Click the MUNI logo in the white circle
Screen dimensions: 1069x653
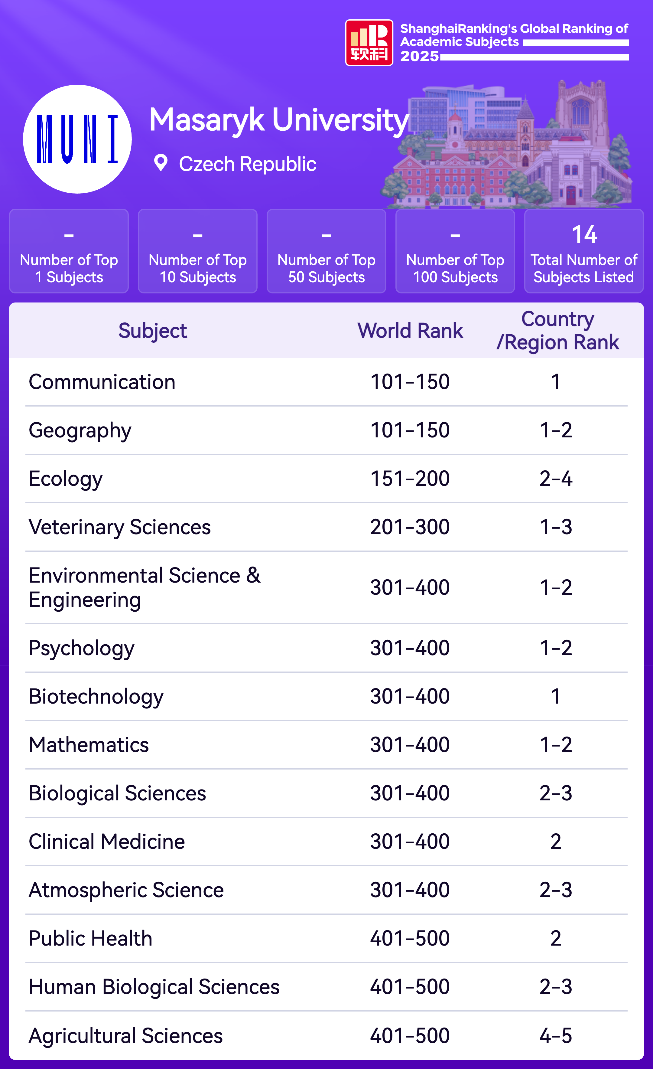click(77, 139)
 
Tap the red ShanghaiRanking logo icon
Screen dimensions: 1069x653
click(369, 43)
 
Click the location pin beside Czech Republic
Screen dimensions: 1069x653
click(161, 163)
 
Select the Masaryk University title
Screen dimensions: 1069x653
click(279, 120)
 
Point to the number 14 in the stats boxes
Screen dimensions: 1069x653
click(584, 235)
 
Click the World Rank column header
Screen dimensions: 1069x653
click(410, 331)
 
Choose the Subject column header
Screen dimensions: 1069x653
click(153, 331)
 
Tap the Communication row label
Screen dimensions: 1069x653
click(102, 382)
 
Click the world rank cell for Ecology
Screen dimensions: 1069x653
click(410, 479)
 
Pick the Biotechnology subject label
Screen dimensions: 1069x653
click(96, 696)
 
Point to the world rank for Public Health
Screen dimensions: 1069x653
click(410, 938)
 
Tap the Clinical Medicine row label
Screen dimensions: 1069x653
click(107, 842)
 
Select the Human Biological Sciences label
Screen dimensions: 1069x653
click(154, 987)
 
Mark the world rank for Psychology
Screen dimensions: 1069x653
click(410, 648)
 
